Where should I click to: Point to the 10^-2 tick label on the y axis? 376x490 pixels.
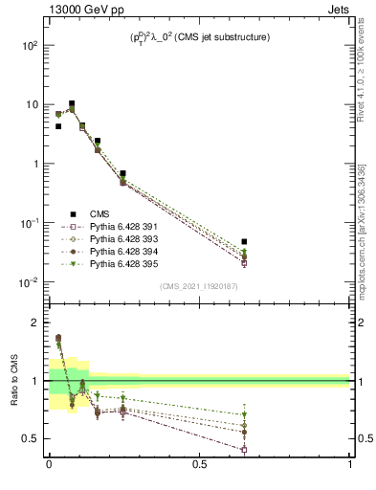pos(30,282)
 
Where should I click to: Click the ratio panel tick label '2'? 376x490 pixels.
pos(37,323)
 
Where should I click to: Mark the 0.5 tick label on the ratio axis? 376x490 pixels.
pos(32,438)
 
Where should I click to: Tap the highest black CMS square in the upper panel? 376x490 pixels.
pos(72,103)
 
